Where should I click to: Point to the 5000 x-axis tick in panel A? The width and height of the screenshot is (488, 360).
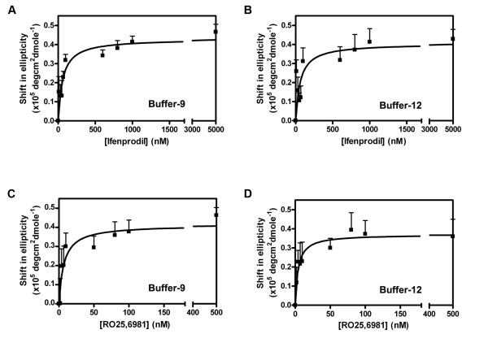coord(216,129)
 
